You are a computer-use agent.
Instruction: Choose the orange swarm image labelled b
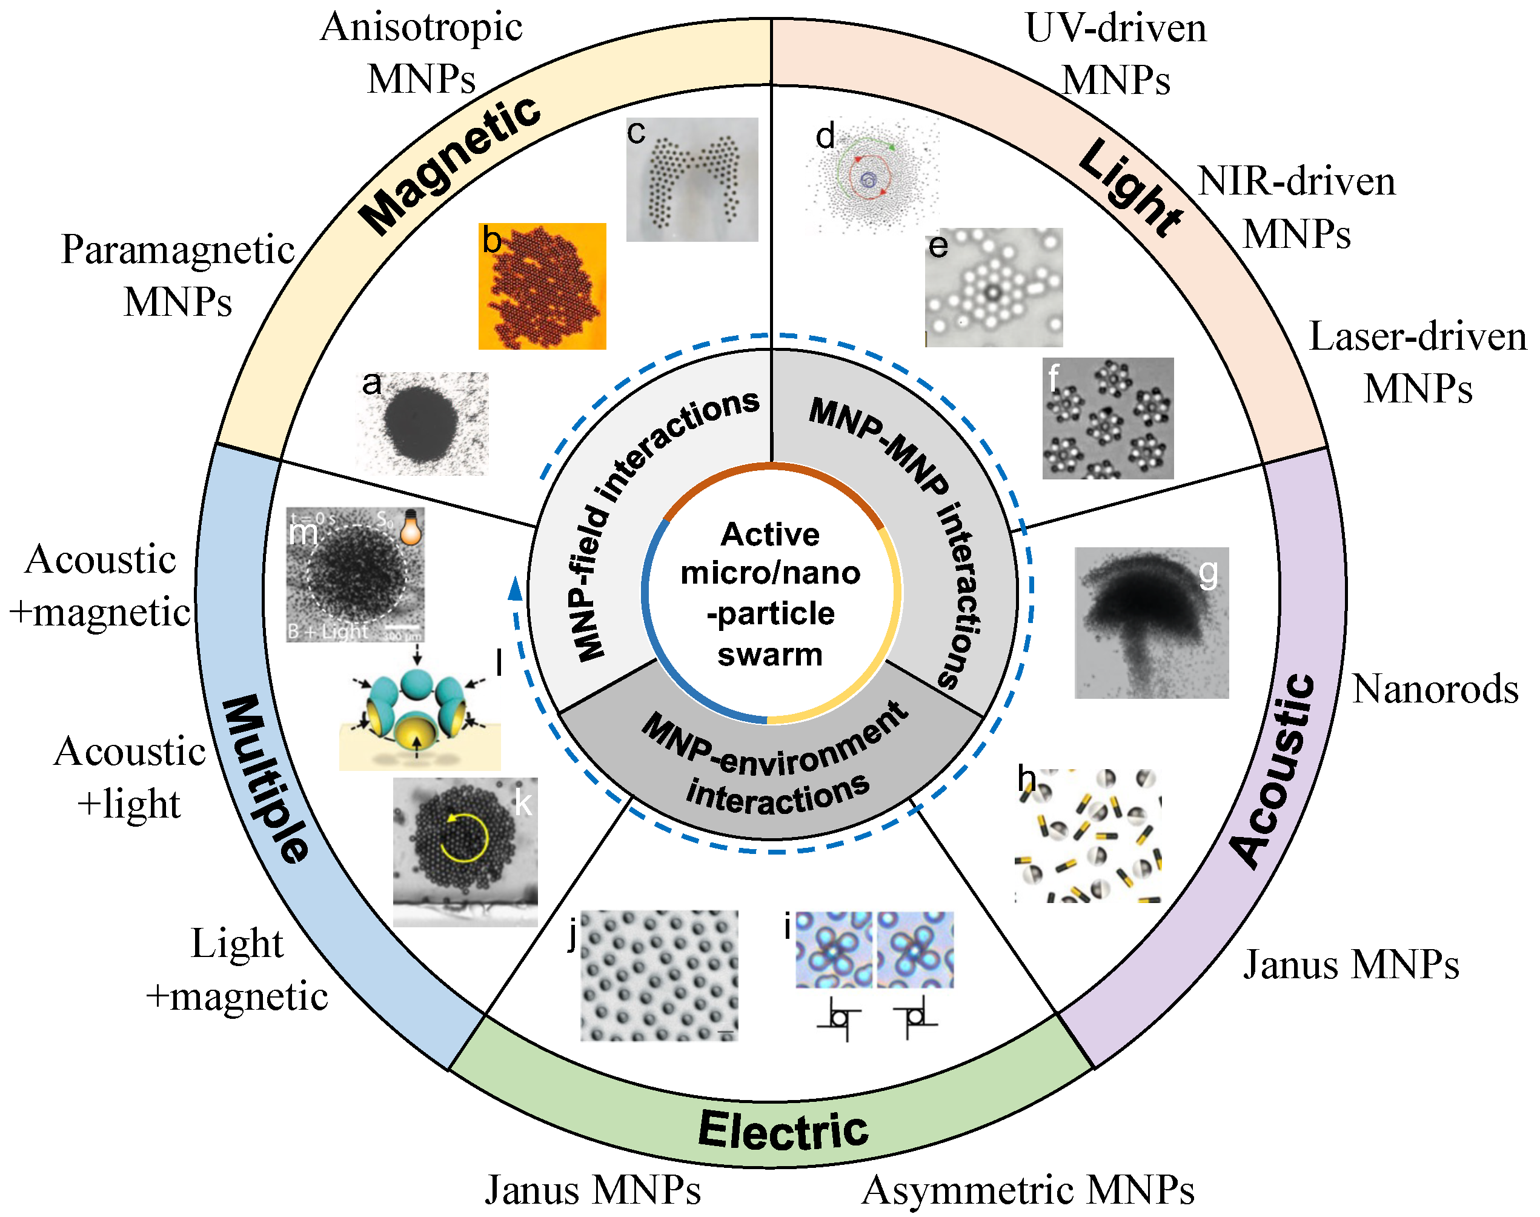click(542, 287)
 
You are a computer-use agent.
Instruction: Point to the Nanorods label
click(1435, 689)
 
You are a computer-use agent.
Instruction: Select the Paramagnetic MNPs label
click(178, 276)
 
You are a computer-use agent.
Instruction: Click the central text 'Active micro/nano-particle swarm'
click(771, 593)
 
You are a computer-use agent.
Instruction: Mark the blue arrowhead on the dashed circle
click(515, 590)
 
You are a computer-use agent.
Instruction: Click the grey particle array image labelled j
click(659, 975)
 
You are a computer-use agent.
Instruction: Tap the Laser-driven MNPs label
click(1418, 362)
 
